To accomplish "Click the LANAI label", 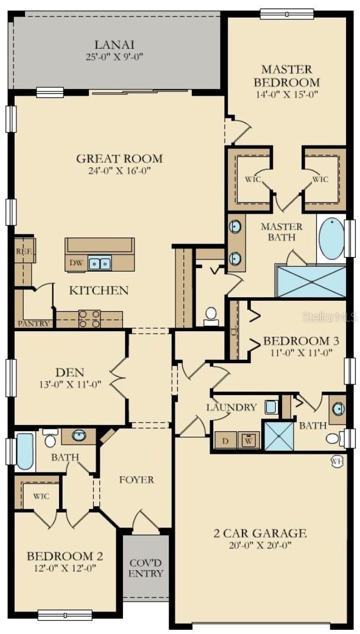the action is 115,44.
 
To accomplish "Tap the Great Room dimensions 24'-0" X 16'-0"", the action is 120,171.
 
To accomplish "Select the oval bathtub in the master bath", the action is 332,239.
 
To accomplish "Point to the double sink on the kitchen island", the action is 99,264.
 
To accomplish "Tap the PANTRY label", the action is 34,323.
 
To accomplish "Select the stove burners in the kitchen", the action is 90,319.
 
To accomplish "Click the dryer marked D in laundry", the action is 225,441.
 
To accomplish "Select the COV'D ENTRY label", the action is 146,568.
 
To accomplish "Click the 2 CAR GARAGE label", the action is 260,532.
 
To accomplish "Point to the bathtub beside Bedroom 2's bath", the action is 25,451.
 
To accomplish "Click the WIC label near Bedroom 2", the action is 41,496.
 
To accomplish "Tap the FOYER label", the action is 136,480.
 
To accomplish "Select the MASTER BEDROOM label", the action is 286,75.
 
